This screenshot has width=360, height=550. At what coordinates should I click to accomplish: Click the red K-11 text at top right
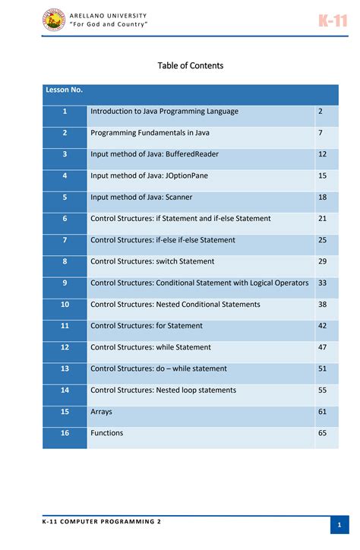tap(333, 21)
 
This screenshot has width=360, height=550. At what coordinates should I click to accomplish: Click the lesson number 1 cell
tap(65, 111)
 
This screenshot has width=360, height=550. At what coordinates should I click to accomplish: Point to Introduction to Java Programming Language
tap(164, 111)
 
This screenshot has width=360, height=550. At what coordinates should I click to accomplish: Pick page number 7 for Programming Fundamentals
tap(321, 133)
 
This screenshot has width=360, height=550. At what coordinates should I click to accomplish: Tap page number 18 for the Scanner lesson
tap(322, 197)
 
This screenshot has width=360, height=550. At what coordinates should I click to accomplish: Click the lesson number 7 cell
tap(65, 240)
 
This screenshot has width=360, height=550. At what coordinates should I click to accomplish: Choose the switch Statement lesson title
tap(152, 261)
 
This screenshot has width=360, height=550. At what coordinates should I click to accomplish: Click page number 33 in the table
tap(322, 283)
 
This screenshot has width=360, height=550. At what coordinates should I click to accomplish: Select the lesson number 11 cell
tap(65, 326)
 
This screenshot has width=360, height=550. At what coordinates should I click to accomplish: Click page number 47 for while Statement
tap(322, 347)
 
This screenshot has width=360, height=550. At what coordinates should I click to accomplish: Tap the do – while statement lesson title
tap(158, 368)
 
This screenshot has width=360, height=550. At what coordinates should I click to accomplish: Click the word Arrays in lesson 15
tap(101, 412)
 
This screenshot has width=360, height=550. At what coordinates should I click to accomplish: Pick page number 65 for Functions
tap(322, 433)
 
